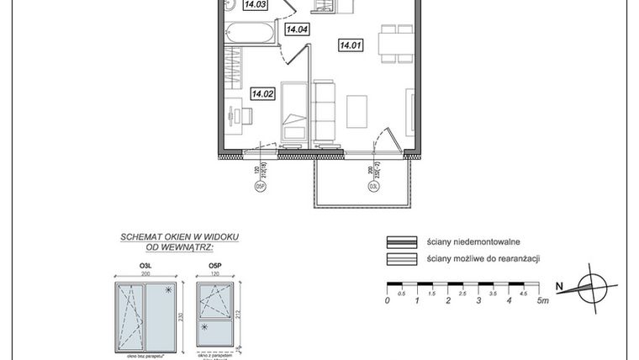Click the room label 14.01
coord(351,45)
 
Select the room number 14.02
coord(262,94)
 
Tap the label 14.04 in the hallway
coord(297,30)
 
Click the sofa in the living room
coord(324,109)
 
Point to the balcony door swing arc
coord(388,139)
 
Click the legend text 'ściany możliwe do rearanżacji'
coord(483,259)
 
